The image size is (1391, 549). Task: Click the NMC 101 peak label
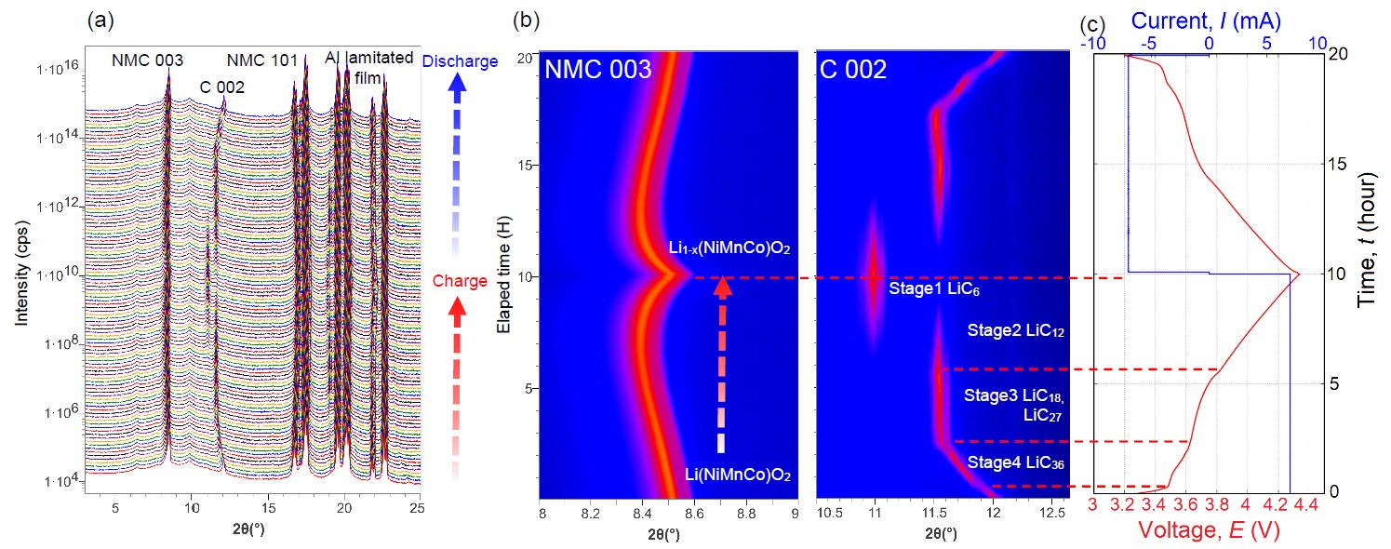(x=262, y=61)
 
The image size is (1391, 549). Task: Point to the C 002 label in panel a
(x=222, y=88)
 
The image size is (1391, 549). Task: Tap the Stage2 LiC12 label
(x=1014, y=330)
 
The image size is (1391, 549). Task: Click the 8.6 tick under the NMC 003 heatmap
(x=693, y=513)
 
